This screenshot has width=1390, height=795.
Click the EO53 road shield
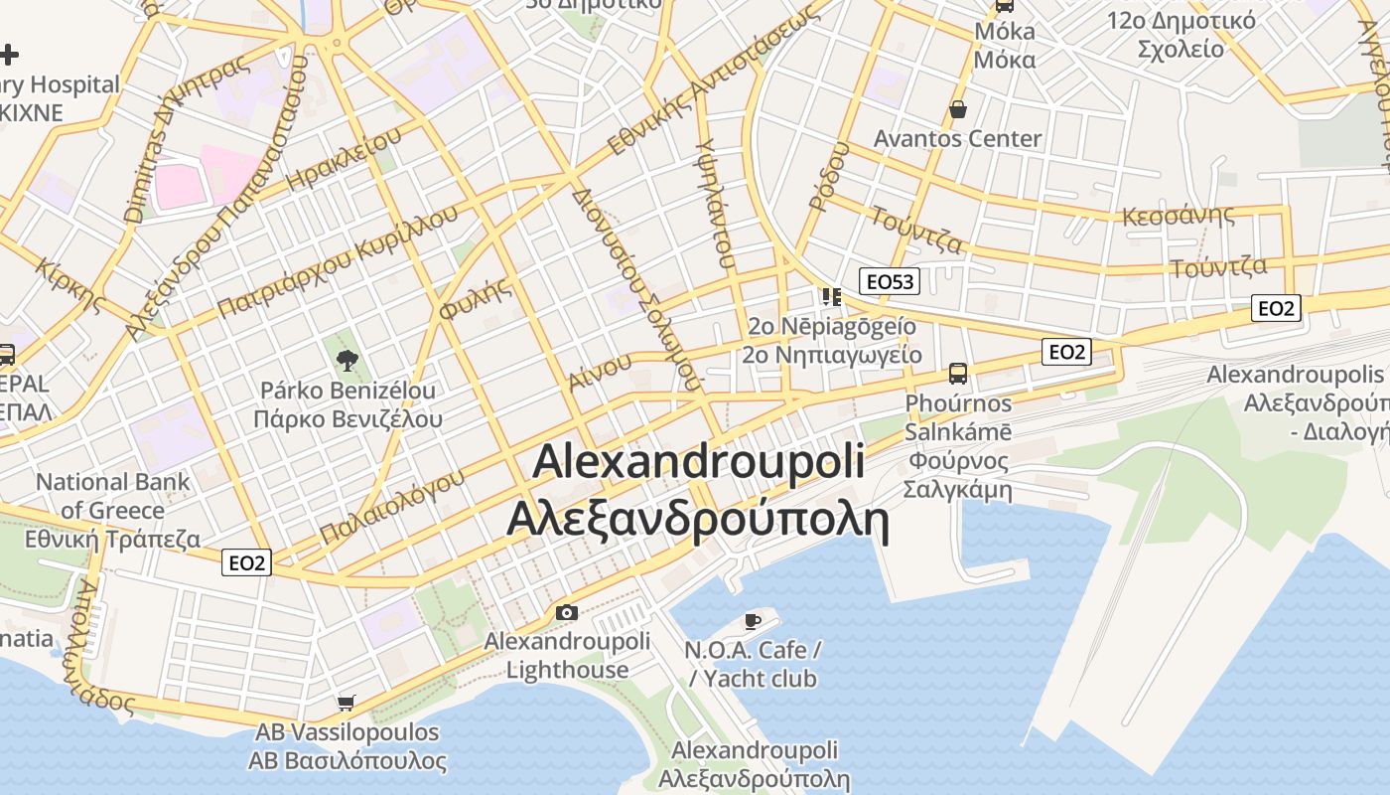click(889, 281)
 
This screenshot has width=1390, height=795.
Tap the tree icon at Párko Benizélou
click(347, 360)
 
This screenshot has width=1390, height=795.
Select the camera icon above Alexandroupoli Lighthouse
click(566, 612)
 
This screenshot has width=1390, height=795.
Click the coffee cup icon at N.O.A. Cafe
click(753, 622)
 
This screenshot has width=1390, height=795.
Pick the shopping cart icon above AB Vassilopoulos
click(346, 704)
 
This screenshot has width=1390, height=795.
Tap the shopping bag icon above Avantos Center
click(958, 109)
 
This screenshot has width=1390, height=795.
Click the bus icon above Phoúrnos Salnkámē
click(957, 374)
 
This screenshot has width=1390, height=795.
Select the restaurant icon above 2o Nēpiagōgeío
click(831, 296)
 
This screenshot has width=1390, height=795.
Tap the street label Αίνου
click(601, 372)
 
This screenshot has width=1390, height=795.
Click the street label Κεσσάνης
click(1178, 216)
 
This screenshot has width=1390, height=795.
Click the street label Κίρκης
click(69, 282)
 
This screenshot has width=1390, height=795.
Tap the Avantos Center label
click(957, 139)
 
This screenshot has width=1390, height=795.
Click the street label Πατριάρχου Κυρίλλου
click(338, 262)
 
